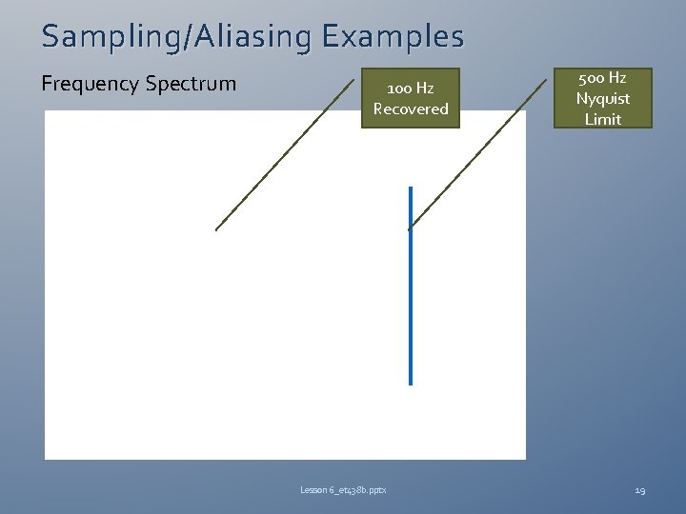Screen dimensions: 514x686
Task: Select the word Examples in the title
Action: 393,37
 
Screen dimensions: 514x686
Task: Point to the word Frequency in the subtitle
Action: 90,84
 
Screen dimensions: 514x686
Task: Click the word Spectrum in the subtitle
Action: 190,84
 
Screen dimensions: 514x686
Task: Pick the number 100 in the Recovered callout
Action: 396,89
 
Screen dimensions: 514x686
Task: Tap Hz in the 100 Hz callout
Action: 424,89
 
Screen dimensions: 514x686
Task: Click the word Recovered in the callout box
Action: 411,109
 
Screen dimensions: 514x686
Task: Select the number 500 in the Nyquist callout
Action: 590,78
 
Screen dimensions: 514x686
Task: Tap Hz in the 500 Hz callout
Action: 616,78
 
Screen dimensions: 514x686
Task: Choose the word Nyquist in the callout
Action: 602,98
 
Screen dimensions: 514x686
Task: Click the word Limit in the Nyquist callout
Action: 602,119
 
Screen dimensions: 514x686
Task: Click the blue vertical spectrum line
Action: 411,286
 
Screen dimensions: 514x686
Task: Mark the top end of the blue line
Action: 411,188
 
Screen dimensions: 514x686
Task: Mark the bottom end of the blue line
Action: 411,383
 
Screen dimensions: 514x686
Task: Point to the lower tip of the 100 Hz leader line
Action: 216,229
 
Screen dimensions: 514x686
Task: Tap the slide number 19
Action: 640,490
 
